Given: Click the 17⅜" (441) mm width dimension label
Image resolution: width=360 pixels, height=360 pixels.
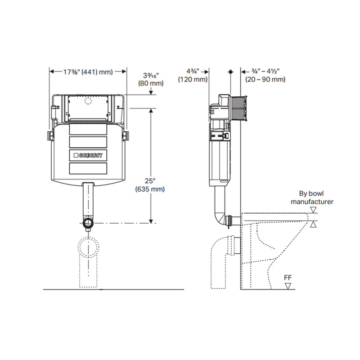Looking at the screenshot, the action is (x=88, y=72).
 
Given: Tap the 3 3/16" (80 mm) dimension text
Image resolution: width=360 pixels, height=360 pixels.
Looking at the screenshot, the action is (x=151, y=79).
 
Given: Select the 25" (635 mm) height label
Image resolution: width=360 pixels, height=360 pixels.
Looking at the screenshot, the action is (x=150, y=185).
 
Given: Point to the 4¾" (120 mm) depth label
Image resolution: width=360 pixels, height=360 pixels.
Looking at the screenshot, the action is (x=193, y=75).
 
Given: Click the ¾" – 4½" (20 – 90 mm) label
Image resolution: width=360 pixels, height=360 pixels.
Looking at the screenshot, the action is (x=265, y=75).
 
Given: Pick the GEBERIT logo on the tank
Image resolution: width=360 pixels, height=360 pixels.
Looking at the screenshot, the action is (x=88, y=155).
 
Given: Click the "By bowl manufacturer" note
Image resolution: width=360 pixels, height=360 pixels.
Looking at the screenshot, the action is (x=312, y=198).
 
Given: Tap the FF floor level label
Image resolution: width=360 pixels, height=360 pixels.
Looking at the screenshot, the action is (x=288, y=278).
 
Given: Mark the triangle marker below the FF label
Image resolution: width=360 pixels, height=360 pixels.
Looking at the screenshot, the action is (x=288, y=286).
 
